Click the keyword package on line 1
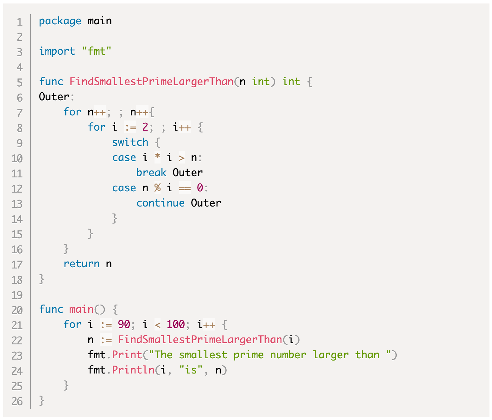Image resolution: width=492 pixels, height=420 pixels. point(60,21)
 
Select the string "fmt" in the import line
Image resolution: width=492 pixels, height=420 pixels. point(97,51)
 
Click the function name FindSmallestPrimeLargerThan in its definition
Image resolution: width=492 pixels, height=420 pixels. point(151,82)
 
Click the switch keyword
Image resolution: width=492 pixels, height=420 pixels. point(130,142)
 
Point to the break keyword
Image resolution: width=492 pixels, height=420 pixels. point(151,173)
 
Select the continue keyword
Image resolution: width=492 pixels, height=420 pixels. point(160,203)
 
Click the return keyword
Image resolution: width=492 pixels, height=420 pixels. point(81,264)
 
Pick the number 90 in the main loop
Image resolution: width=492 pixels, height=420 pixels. point(124,324)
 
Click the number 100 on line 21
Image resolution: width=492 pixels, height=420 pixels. point(176,324)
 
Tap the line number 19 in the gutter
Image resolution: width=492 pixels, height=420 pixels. point(17,295)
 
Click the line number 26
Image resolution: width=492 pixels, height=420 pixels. point(17,402)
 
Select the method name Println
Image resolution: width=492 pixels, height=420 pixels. point(133,370)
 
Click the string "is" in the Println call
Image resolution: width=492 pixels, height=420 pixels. point(191,370)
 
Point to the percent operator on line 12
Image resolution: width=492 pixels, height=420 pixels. point(157,188)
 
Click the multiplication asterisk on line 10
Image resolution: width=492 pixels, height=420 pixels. point(157,157)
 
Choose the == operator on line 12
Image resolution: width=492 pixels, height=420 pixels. point(185,188)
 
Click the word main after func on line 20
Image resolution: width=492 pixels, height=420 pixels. point(81,309)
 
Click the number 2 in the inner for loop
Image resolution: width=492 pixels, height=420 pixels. point(145,127)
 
